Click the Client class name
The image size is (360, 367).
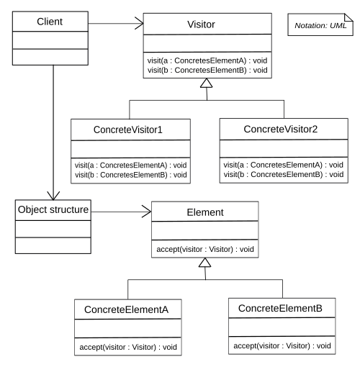(x=50, y=22)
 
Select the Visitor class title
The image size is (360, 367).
(x=201, y=24)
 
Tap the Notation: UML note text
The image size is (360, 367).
(x=320, y=25)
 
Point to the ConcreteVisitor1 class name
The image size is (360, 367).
(x=128, y=130)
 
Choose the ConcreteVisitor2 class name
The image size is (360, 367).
(x=281, y=129)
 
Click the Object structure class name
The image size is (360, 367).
(x=53, y=209)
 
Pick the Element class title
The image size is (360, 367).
(x=205, y=212)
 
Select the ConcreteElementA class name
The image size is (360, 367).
(x=126, y=309)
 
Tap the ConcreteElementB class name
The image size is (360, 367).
(x=280, y=308)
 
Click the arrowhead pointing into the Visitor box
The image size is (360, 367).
(x=140, y=23)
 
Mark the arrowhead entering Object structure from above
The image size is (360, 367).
(x=53, y=196)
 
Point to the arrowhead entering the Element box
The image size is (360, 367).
(x=147, y=212)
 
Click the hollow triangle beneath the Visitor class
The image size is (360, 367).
(x=207, y=83)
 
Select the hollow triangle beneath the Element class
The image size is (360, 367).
(x=204, y=263)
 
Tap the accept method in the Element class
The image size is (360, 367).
(x=205, y=249)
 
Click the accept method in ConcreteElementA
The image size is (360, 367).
(x=128, y=347)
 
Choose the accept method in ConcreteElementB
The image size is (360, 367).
(x=282, y=345)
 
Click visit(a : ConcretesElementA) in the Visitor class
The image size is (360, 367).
(x=207, y=60)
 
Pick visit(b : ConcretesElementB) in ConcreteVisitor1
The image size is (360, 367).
(x=131, y=175)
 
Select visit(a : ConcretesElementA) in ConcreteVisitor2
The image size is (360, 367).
(x=284, y=165)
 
